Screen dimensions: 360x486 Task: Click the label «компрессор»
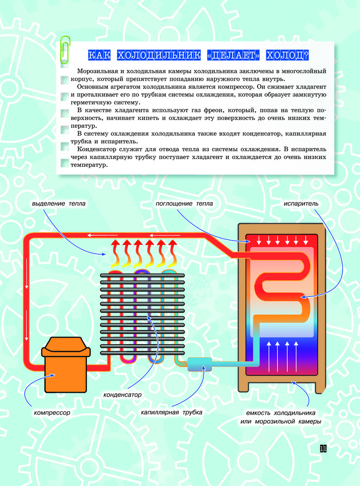52,413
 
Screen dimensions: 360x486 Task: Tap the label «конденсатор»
122,395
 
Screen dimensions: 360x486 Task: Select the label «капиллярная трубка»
171,413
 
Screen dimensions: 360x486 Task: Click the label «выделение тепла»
59,204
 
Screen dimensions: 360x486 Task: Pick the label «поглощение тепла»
184,204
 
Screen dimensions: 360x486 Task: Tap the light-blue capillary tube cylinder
200,364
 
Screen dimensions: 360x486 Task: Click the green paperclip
66,49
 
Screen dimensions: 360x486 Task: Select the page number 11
323,449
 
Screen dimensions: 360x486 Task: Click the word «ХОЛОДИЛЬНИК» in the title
159,55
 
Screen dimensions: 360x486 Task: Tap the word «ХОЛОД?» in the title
288,55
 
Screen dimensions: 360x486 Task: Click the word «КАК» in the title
100,55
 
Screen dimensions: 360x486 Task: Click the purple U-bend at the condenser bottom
128,359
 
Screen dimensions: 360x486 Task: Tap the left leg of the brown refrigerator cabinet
243,385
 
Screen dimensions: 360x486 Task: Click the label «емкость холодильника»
281,413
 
